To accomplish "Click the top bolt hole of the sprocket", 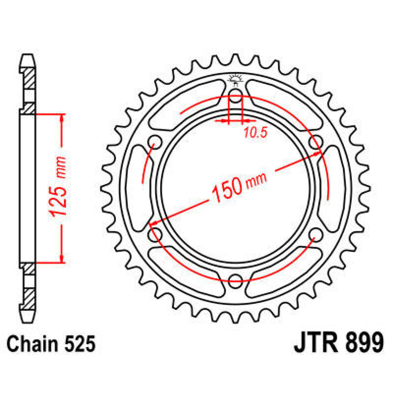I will click(x=235, y=98).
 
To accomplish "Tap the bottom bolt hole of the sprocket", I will click(x=235, y=278).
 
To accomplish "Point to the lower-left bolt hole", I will click(x=155, y=234).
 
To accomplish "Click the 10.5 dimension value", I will click(x=255, y=133).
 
